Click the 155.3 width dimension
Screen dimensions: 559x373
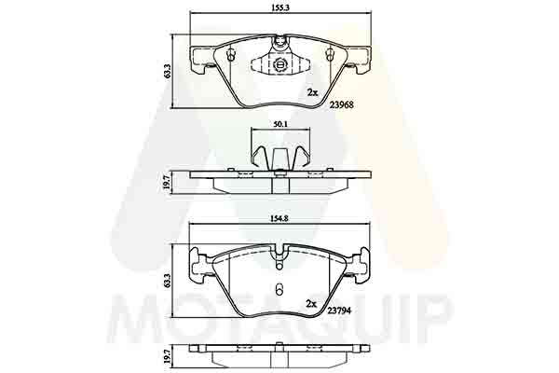pos(281,7)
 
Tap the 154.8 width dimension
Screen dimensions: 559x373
pos(281,219)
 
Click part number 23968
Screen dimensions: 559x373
pos(342,105)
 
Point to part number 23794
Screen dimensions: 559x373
pos(340,311)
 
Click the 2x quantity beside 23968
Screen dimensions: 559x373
pos(312,93)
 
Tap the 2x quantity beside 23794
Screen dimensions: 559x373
pos(311,304)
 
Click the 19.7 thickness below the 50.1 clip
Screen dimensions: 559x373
pos(166,183)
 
